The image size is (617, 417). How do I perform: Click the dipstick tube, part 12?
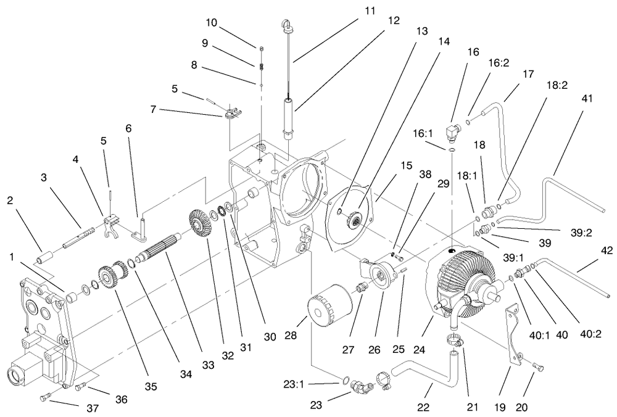(289, 114)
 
